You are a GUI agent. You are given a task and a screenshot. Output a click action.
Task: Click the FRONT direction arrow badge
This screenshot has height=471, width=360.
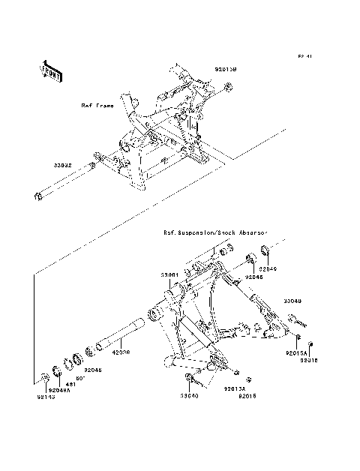pos(51,70)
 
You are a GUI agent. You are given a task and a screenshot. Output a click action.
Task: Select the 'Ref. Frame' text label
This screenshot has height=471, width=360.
pos(97,106)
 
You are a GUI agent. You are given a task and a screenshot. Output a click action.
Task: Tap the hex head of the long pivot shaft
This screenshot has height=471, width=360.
pos(36,197)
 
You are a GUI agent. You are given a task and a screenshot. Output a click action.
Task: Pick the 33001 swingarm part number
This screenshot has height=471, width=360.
pos(168,275)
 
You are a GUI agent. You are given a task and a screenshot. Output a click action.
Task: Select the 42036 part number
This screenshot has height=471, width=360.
pos(121,350)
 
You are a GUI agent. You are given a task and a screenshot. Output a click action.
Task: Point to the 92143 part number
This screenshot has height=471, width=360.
pos(37,396)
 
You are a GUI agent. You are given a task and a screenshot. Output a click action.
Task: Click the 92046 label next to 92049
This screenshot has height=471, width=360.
pos(253,276)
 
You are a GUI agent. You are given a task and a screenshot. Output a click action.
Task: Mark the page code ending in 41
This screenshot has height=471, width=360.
pos(304,56)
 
